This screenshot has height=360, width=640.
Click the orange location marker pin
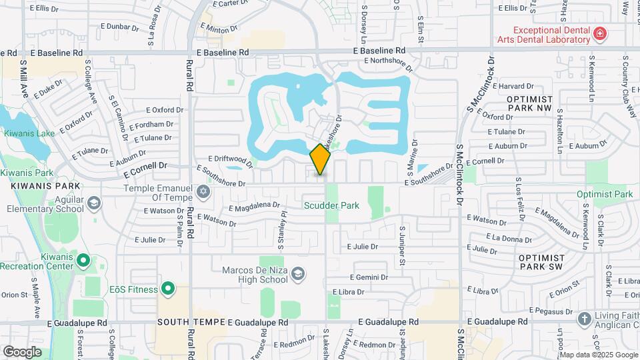321,158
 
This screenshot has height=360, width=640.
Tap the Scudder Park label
331,205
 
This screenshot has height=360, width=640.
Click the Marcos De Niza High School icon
299,274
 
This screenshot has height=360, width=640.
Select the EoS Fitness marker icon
168,289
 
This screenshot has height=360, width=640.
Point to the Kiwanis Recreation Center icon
83,259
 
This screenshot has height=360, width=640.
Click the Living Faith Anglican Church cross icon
584,319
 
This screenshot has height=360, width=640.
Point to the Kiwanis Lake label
29,133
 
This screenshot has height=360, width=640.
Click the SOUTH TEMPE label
189,321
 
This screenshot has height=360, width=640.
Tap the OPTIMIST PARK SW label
541,261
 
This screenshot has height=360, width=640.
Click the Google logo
22,351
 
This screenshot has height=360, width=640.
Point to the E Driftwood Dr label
231,159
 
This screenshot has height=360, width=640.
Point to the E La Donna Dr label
509,238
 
